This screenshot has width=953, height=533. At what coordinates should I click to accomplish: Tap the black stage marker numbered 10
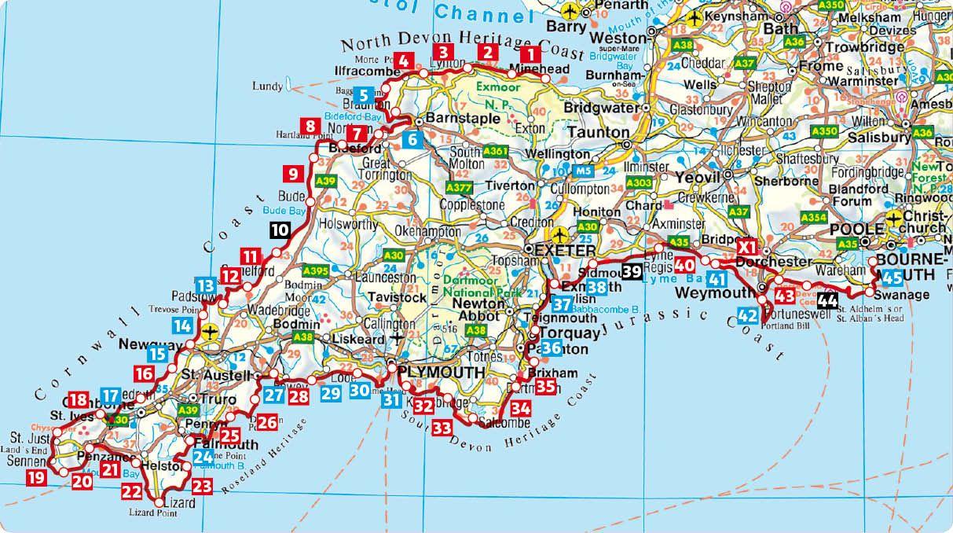coord(279,230)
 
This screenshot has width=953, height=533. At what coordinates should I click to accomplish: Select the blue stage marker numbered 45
coord(892,277)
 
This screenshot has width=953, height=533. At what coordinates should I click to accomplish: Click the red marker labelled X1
coord(746,248)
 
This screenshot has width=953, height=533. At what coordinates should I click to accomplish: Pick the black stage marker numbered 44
coord(827,300)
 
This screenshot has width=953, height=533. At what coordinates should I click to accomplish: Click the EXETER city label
coord(566,250)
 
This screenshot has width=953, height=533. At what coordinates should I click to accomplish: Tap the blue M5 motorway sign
coord(582,171)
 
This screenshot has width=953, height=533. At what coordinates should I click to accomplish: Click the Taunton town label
coord(594,132)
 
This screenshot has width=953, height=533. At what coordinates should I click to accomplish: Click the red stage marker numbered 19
coord(35,476)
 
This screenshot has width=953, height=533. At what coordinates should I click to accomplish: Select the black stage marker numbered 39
coord(631,272)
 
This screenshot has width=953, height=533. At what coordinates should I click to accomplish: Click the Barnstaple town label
coord(464,119)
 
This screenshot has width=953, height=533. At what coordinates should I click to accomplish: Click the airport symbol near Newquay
coord(209,333)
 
